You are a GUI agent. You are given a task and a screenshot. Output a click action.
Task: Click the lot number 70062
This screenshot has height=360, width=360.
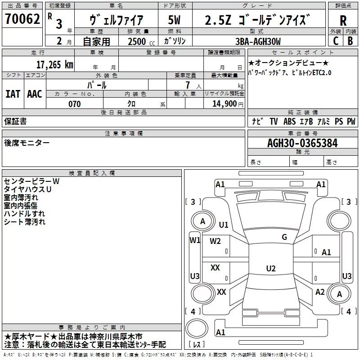[x=22, y=20]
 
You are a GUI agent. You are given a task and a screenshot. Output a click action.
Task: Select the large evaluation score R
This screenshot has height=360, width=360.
[x=343, y=20]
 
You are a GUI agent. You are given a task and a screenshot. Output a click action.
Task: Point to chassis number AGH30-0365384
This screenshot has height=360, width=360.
[x=302, y=143]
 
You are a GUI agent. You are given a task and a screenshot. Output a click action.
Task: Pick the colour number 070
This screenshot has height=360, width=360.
[x=74, y=104]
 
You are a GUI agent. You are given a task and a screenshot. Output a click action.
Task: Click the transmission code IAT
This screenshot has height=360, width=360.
[x=13, y=94]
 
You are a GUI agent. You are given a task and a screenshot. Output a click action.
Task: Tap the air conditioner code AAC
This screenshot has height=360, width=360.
[x=34, y=94]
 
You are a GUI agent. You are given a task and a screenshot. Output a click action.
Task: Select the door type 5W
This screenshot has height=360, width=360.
[x=175, y=20]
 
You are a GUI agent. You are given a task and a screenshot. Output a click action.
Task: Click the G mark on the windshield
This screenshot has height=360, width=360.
[x=284, y=237]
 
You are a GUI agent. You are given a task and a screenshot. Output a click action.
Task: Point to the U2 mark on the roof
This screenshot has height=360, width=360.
[x=270, y=269]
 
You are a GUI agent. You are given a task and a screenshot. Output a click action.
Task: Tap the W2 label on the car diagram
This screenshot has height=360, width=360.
[x=215, y=241]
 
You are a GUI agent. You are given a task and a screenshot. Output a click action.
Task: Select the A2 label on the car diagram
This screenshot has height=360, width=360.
[x=320, y=292]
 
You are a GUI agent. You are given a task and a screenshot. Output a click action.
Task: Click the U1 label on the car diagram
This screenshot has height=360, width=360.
[x=224, y=225]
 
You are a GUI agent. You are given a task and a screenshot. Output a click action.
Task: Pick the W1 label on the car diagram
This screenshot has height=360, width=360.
[x=194, y=240]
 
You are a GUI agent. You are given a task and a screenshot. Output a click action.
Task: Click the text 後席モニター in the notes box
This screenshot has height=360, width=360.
[x=27, y=143]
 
